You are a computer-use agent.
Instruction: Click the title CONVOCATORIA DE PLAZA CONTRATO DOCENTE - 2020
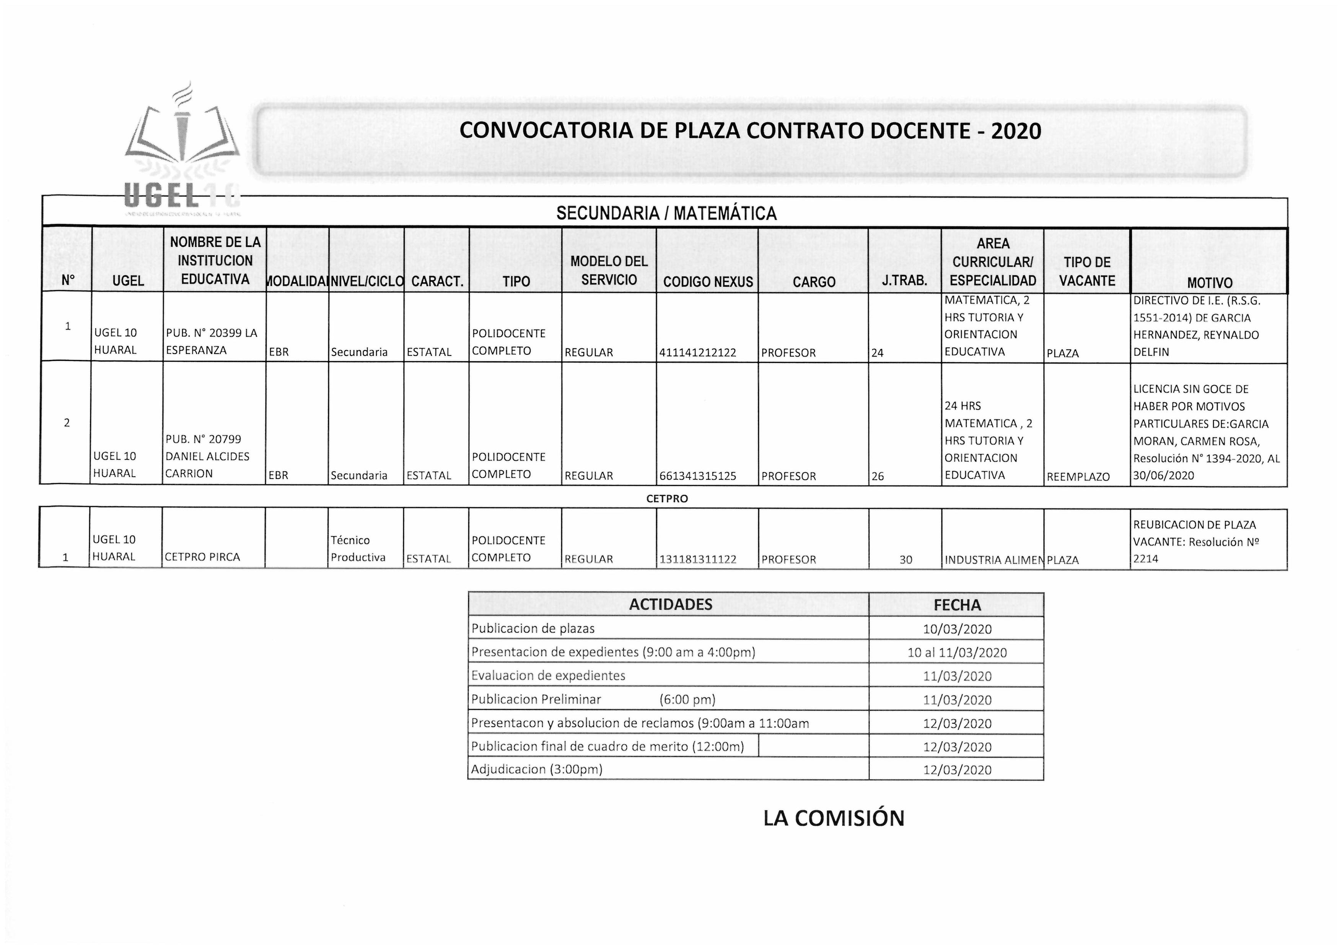(x=750, y=131)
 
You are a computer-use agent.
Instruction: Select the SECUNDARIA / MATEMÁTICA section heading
(x=666, y=213)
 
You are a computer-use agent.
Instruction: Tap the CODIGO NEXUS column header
(x=708, y=282)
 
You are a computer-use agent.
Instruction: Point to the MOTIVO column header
(x=1209, y=283)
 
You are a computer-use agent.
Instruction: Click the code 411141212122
(x=697, y=353)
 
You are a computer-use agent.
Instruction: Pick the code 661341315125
(x=697, y=476)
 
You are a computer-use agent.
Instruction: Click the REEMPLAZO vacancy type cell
(x=1078, y=477)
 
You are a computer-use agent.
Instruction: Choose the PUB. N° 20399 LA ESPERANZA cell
(x=212, y=342)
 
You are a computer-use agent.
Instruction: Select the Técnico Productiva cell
(x=358, y=549)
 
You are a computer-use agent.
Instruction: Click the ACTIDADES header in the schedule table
(x=670, y=605)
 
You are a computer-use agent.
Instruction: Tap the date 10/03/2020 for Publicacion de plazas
(x=957, y=629)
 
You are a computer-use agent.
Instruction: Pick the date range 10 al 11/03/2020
(x=957, y=653)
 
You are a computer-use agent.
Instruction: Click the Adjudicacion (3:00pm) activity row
(x=537, y=769)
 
